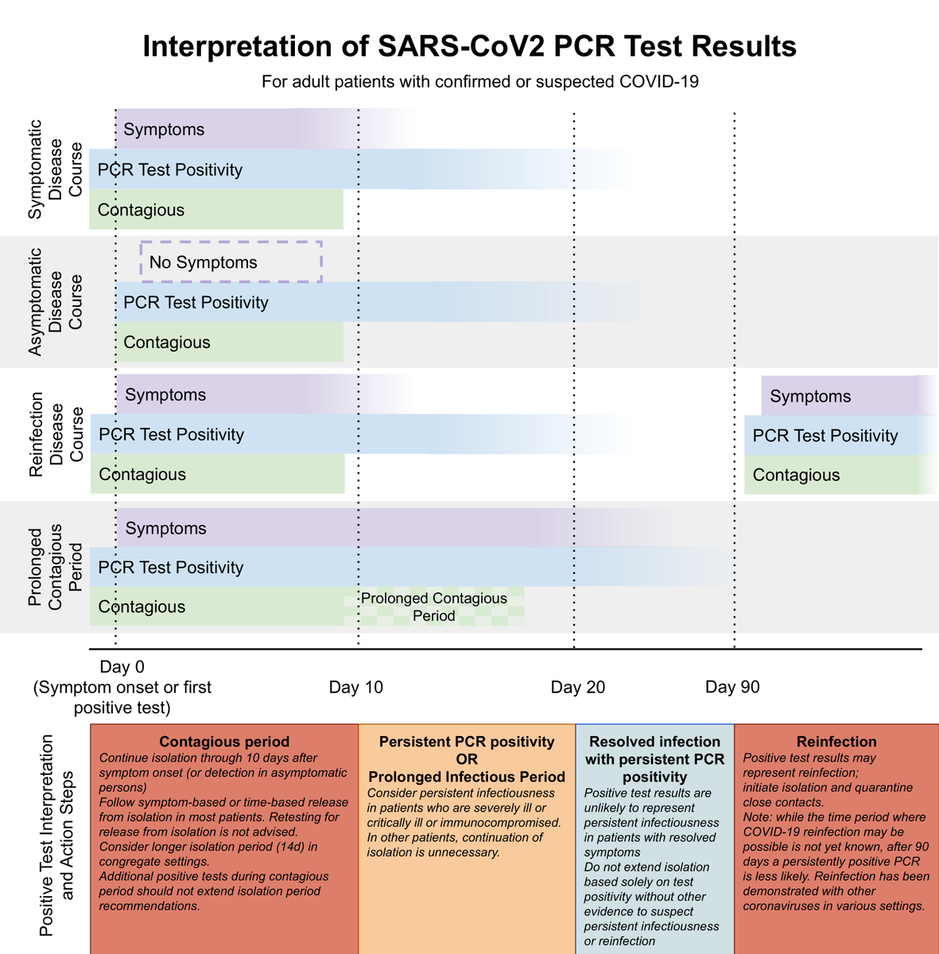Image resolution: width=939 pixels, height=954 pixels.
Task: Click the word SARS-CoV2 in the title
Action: pos(462,47)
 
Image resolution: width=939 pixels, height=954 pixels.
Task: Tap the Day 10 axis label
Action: pos(355,687)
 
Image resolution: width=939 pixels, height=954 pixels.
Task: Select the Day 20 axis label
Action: pos(577,687)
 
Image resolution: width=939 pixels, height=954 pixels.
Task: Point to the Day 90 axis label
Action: pos(732,687)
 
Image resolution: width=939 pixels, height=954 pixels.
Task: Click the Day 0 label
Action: pos(122,666)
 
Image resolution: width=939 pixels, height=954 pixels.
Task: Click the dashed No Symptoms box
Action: pos(231,242)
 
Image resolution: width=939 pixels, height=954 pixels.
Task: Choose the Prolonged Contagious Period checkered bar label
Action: pos(434,607)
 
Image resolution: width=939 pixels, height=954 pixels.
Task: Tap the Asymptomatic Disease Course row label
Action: pos(55,302)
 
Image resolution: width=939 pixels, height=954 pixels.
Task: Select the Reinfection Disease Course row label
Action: pos(56,434)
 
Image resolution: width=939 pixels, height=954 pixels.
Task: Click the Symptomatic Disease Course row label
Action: pos(55,169)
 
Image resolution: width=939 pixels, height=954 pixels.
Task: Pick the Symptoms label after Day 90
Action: pos(810,396)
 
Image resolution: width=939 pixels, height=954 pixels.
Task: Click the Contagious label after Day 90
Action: pos(796,475)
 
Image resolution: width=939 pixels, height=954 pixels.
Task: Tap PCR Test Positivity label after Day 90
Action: pos(825,436)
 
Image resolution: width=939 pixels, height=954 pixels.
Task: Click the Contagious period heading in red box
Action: pos(224,741)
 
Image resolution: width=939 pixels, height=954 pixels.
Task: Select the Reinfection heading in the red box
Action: pos(836,741)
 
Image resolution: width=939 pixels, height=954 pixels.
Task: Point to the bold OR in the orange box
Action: pos(467,759)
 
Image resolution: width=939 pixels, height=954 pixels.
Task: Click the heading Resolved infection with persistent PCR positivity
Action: pos(654,759)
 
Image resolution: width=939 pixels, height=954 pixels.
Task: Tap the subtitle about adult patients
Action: pos(480,81)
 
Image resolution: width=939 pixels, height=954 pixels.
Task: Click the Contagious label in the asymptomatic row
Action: pos(167,342)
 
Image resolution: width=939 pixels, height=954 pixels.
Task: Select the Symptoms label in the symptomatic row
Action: pos(164,130)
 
